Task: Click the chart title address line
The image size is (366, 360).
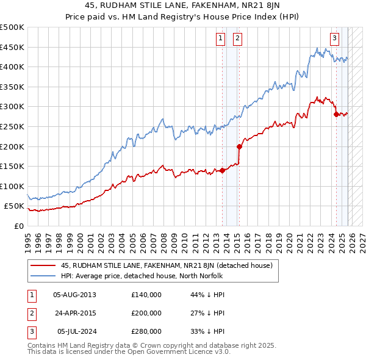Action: click(x=183, y=7)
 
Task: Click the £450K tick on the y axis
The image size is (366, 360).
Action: click(x=12, y=47)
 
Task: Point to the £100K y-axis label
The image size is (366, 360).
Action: click(x=12, y=186)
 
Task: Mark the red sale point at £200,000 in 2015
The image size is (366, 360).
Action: click(x=240, y=146)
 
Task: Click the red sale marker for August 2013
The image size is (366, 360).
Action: click(x=222, y=170)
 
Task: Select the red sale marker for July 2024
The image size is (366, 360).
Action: click(x=336, y=114)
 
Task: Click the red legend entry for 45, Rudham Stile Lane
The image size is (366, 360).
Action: click(x=170, y=265)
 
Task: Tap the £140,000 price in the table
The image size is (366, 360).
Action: click(x=146, y=294)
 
